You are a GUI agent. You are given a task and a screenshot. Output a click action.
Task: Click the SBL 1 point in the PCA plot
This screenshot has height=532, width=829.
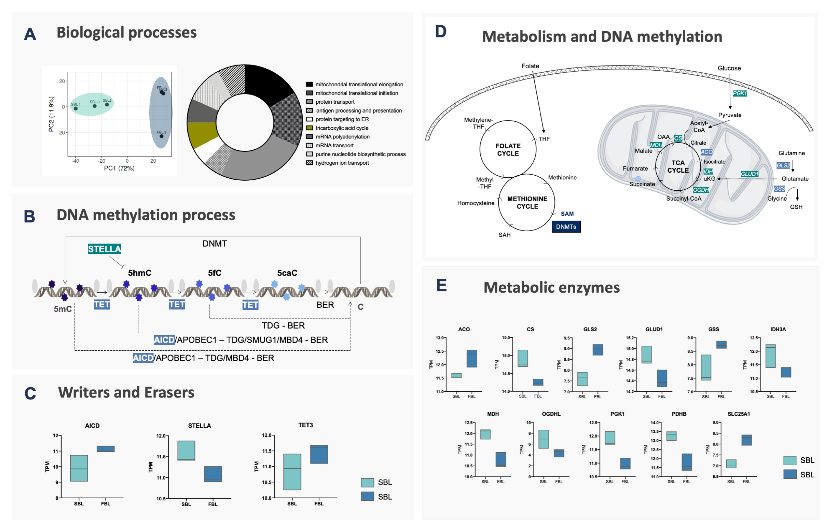pos(76,109)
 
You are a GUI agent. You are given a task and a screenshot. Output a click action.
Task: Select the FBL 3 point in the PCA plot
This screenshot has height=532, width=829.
pos(162,136)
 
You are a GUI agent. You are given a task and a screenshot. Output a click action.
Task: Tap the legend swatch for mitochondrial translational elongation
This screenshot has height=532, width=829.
pos(309,84)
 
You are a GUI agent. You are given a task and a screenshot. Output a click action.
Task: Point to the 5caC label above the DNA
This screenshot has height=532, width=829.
pos(287,273)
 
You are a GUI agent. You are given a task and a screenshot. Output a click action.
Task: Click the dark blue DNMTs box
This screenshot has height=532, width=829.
pos(566,227)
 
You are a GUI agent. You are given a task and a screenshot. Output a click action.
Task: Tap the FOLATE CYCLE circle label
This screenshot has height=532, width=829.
pos(508,150)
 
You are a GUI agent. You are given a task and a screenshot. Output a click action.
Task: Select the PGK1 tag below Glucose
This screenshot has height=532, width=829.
pos(739,93)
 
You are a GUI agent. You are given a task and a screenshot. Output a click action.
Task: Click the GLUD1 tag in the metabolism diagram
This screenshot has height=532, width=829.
pos(749,174)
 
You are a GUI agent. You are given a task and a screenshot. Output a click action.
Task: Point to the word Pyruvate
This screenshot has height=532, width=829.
pos(730,115)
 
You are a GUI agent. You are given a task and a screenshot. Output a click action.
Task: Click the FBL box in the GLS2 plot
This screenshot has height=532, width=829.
pos(598,350)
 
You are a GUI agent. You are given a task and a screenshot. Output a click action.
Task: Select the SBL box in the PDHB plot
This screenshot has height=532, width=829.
pos(671,436)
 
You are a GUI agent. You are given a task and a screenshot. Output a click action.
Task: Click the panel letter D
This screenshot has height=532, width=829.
pos(441,32)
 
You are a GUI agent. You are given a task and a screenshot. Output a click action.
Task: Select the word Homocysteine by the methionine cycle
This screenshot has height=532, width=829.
pos(476,203)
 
